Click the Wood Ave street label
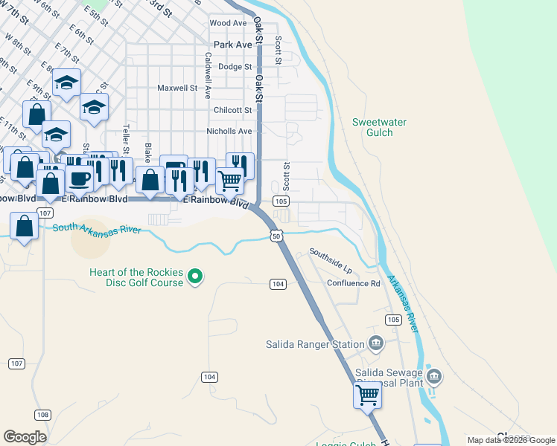tap(228, 23)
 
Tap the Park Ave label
tap(233, 45)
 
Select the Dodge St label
tap(235, 67)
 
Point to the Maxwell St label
tap(176, 88)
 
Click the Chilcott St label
tap(233, 110)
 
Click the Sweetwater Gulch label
tap(372, 127)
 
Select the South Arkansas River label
tap(97, 228)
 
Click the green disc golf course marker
tap(195, 277)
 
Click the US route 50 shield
tap(276, 236)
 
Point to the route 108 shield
tap(42, 414)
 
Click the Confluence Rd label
tap(353, 283)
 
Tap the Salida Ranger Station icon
tap(376, 343)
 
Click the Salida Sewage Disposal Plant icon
tap(434, 378)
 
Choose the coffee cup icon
tap(79, 178)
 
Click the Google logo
tap(25, 436)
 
